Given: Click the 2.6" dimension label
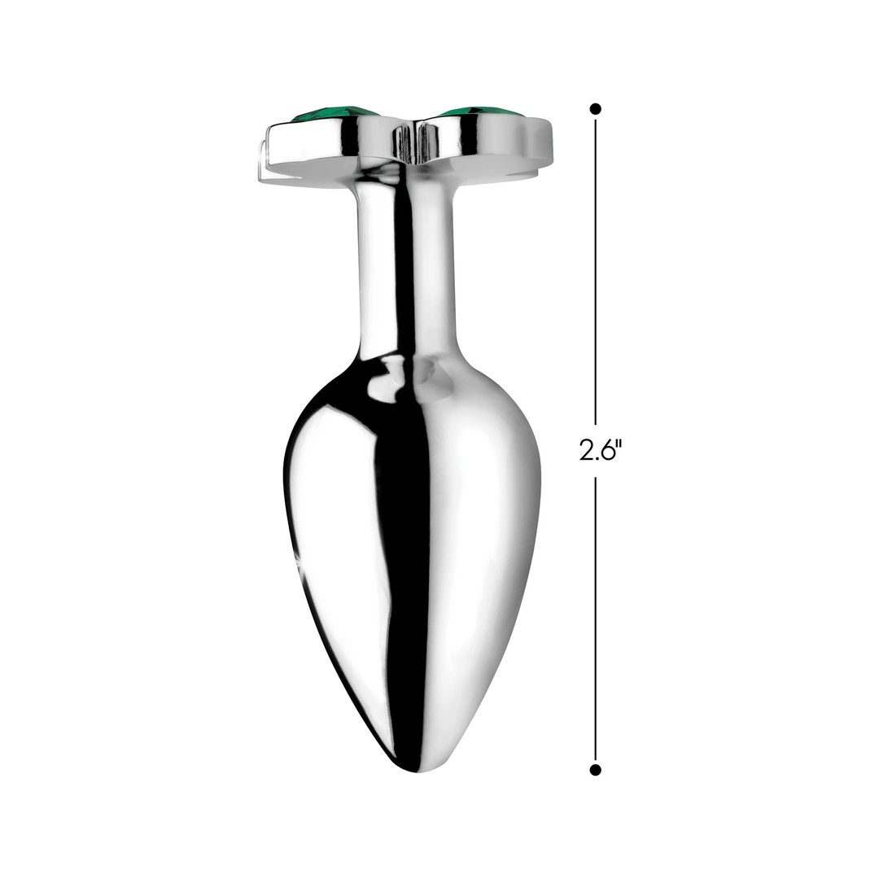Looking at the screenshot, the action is pyautogui.click(x=601, y=449).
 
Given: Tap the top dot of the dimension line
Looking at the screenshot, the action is pyautogui.click(x=596, y=108).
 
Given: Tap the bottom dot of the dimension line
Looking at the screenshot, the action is pyautogui.click(x=596, y=770).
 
